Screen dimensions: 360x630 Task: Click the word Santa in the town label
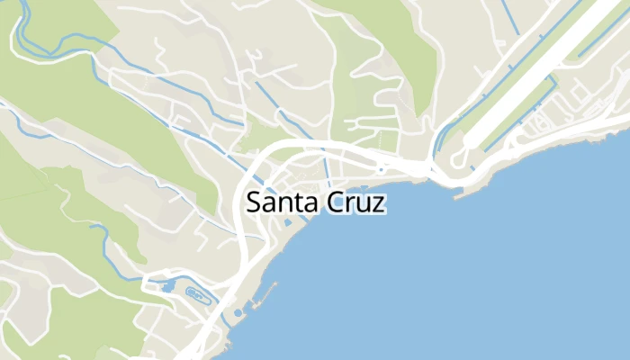[x=282, y=203]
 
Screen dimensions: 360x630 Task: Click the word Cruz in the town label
[x=354, y=203]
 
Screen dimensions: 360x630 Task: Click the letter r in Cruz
[x=348, y=205]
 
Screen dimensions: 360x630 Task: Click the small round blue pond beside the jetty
[x=238, y=312]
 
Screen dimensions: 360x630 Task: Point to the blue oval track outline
[x=195, y=292]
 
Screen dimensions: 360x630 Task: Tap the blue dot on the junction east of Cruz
[x=382, y=168]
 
